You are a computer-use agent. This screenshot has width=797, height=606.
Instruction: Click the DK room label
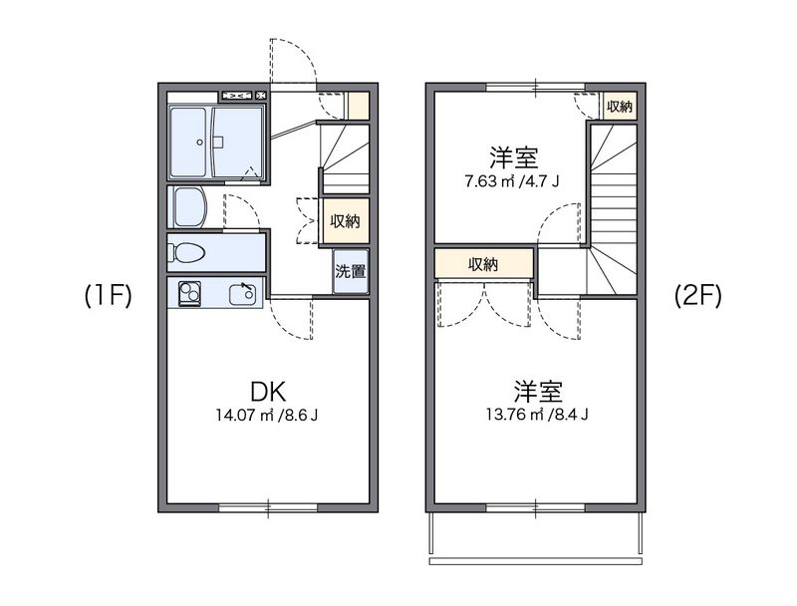click(x=268, y=392)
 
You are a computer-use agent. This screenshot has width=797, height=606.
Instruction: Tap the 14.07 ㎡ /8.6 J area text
click(x=268, y=416)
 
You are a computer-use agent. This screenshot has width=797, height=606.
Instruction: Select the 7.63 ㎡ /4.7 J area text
click(x=513, y=181)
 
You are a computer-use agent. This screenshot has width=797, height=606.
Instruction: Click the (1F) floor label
click(x=108, y=296)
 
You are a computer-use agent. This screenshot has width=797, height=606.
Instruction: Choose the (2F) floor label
click(x=696, y=296)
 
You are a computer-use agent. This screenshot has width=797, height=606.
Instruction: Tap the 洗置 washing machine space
click(x=349, y=271)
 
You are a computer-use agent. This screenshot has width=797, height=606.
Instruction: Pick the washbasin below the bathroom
click(x=188, y=207)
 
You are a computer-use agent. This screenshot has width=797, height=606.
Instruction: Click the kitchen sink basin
click(x=242, y=294)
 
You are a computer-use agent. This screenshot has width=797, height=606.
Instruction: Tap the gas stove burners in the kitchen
click(x=188, y=294)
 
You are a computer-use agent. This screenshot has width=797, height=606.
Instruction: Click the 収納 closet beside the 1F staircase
click(x=346, y=221)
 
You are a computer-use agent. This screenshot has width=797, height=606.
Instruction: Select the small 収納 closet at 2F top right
click(x=620, y=107)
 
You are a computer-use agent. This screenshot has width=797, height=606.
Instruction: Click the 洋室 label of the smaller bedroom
click(x=513, y=157)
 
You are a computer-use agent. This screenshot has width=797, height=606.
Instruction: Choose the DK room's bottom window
click(x=269, y=508)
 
